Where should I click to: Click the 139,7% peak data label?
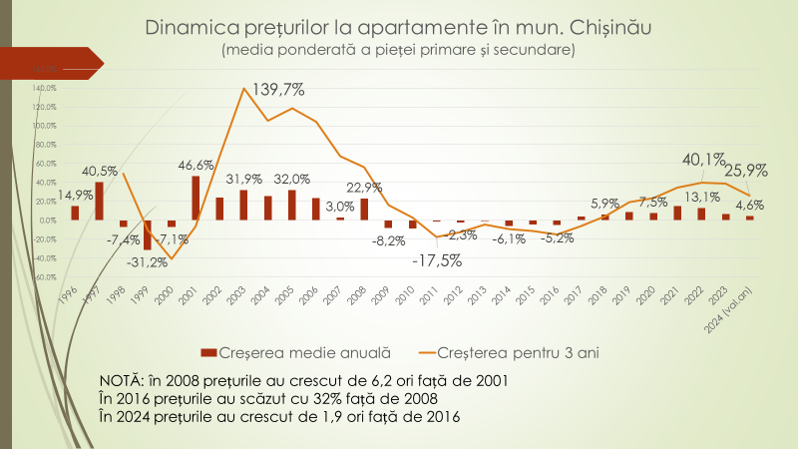(278, 90)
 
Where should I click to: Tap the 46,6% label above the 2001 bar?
(197, 165)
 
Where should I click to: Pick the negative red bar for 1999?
(148, 234)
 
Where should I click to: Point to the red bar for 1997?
(99, 201)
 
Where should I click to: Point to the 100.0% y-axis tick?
(44, 126)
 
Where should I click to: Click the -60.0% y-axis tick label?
(44, 277)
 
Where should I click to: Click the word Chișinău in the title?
(604, 27)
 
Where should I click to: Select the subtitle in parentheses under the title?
(398, 49)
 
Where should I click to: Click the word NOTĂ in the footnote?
(121, 382)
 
